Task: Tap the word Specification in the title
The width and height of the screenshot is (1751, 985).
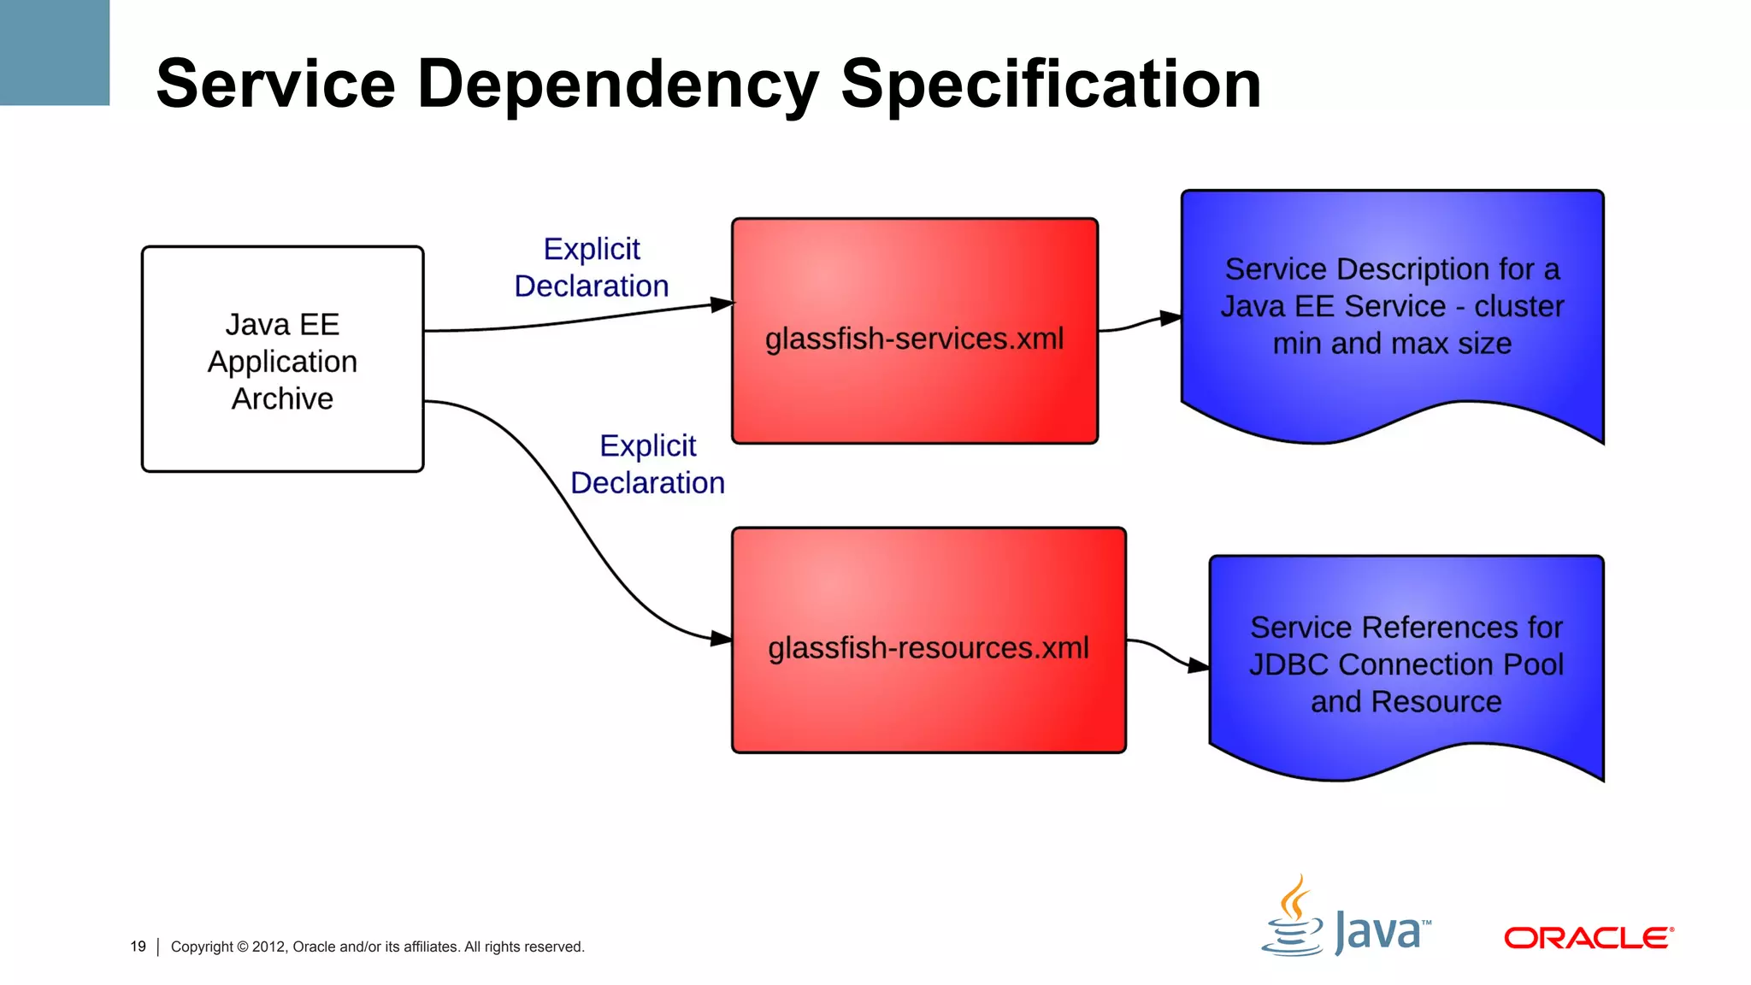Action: (1051, 84)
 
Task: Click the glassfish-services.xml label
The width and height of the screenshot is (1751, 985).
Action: (914, 339)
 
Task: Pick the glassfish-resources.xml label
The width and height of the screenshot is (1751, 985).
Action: (928, 648)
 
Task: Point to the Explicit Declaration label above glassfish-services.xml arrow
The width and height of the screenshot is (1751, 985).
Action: (592, 268)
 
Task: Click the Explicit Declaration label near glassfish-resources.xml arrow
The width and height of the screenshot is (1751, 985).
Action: (647, 464)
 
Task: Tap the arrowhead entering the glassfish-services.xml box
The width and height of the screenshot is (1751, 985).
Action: (722, 304)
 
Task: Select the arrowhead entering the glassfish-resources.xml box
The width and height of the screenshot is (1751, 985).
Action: (722, 638)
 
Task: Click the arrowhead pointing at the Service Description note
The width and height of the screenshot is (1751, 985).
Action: (1170, 318)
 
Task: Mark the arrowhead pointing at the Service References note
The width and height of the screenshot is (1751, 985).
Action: (1199, 665)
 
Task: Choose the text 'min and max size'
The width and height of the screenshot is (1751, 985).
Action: (1392, 344)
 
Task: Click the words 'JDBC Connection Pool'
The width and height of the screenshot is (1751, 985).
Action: (1406, 664)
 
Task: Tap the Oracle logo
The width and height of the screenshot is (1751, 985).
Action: (1588, 938)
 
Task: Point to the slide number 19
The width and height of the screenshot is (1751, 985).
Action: (138, 947)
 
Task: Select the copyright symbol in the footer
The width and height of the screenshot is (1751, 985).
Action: (242, 947)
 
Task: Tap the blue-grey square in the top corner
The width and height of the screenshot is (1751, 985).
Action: (55, 52)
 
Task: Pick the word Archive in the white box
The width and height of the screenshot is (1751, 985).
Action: (282, 398)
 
